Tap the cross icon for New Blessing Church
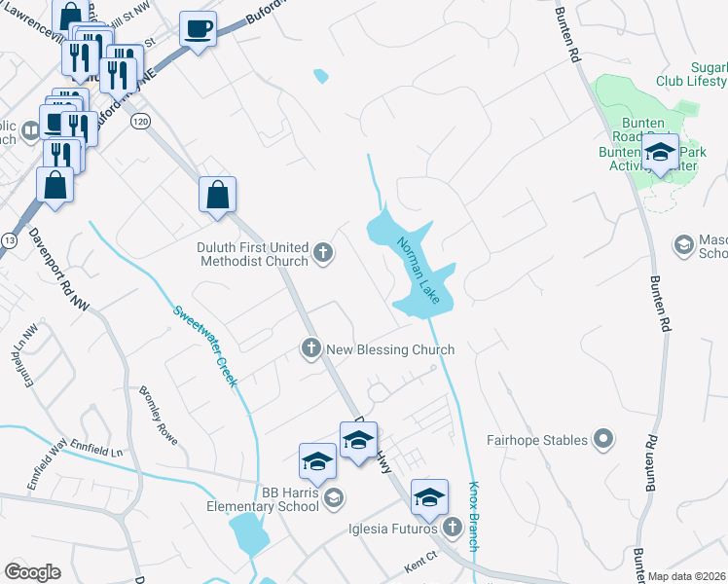[x=311, y=348]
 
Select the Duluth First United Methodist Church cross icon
[x=323, y=254]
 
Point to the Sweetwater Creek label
[x=205, y=347]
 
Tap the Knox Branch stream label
[x=474, y=516]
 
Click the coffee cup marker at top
[x=199, y=29]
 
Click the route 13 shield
[x=9, y=239]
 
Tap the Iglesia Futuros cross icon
[x=452, y=529]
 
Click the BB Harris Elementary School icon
[x=333, y=498]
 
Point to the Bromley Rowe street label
[x=158, y=414]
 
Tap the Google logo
[x=32, y=572]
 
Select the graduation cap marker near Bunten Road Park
[x=661, y=152]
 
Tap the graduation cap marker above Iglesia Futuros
[x=428, y=496]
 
